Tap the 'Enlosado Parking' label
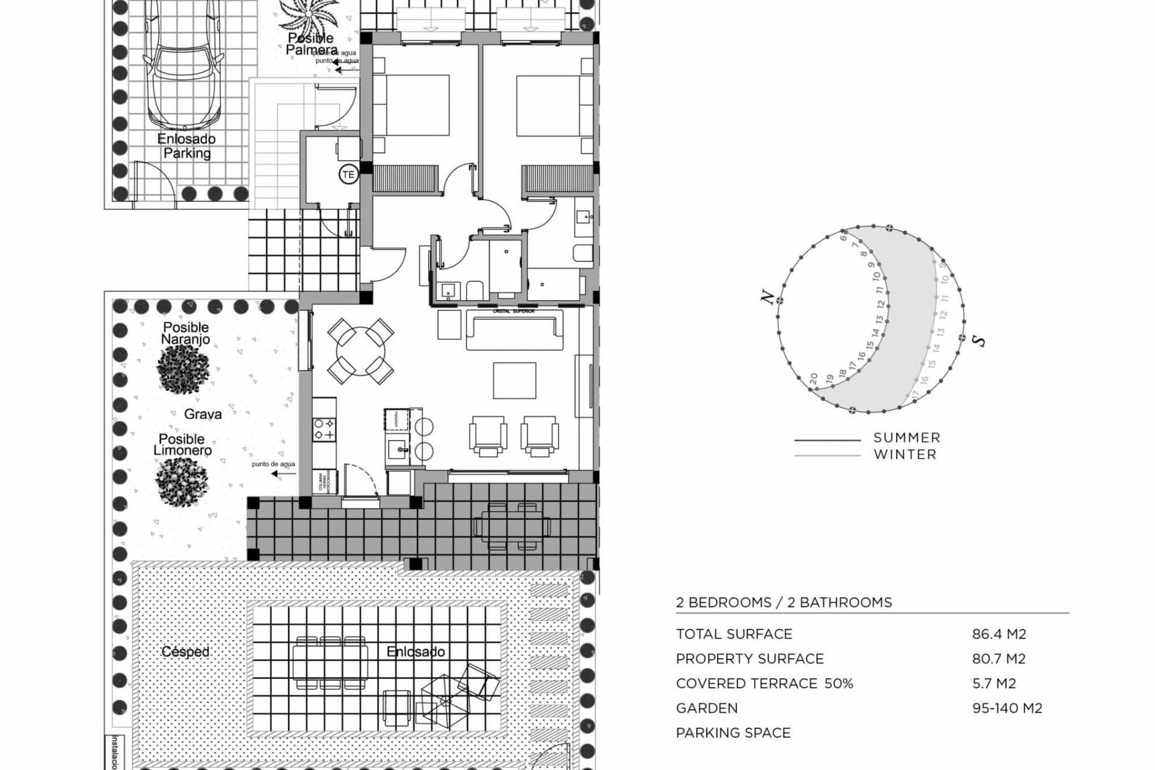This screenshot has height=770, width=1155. click(x=186, y=146)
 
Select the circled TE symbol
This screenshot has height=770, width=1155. click(x=348, y=175)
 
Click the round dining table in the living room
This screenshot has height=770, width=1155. click(x=360, y=351)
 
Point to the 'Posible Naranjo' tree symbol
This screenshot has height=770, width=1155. click(x=183, y=368)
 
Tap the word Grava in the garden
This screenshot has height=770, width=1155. click(x=203, y=414)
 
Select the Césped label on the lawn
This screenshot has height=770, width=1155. click(x=185, y=651)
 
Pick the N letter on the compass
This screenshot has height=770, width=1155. click(x=767, y=297)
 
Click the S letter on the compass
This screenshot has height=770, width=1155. click(x=979, y=341)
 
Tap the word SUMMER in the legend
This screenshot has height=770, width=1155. click(x=907, y=438)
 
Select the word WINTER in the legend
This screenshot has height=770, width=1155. click(x=905, y=455)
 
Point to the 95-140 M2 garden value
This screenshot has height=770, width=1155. click(x=1007, y=708)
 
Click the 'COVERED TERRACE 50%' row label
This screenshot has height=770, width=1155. click(x=764, y=683)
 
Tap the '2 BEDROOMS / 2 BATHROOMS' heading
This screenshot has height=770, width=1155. click(x=783, y=602)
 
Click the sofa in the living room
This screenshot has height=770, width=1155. click(x=515, y=330)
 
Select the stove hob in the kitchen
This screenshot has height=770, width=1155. click(x=324, y=429)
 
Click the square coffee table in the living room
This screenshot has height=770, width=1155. click(x=514, y=380)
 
